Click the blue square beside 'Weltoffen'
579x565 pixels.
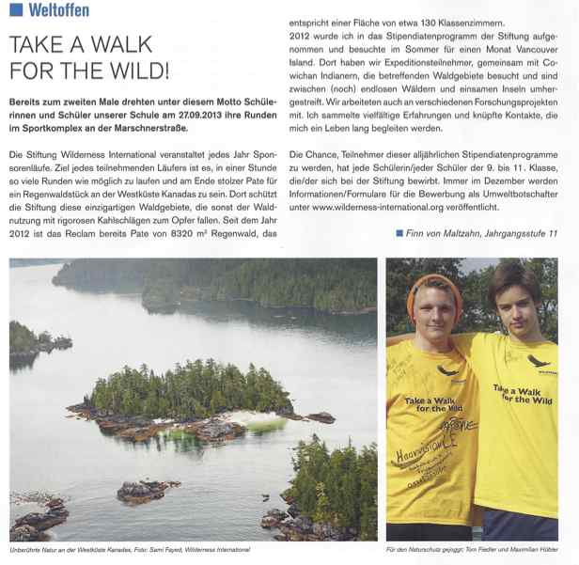click(15, 11)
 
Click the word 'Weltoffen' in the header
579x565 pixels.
click(59, 11)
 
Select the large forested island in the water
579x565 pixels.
click(187, 392)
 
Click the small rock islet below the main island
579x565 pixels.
click(147, 489)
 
